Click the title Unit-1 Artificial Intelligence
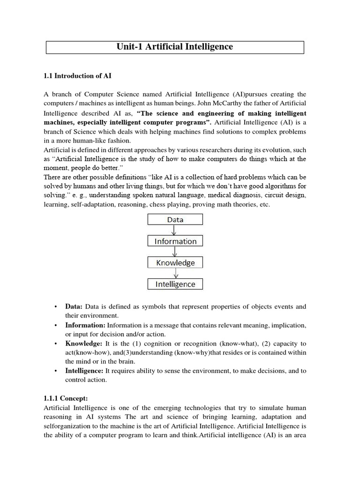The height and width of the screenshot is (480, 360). coord(174,47)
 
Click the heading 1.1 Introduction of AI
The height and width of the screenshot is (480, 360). coord(77,75)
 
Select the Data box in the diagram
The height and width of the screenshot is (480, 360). coord(175,219)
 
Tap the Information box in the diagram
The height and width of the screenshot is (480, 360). coord(175,241)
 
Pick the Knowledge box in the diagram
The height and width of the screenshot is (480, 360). coord(175,262)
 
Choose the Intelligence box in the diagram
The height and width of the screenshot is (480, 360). coord(175,284)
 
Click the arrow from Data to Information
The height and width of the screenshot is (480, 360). coord(174,230)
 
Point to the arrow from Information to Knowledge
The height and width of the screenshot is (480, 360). coord(174,252)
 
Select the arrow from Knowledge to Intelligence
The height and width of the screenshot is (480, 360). coord(174,273)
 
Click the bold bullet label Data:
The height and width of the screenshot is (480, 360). coord(74,307)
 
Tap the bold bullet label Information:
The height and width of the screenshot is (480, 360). coord(85,325)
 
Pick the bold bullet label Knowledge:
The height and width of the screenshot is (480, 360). coord(83,343)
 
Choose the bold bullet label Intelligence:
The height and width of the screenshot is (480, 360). coord(84,370)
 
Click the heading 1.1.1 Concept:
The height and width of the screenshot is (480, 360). coord(66,398)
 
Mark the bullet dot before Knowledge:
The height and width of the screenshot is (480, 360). coord(55,344)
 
